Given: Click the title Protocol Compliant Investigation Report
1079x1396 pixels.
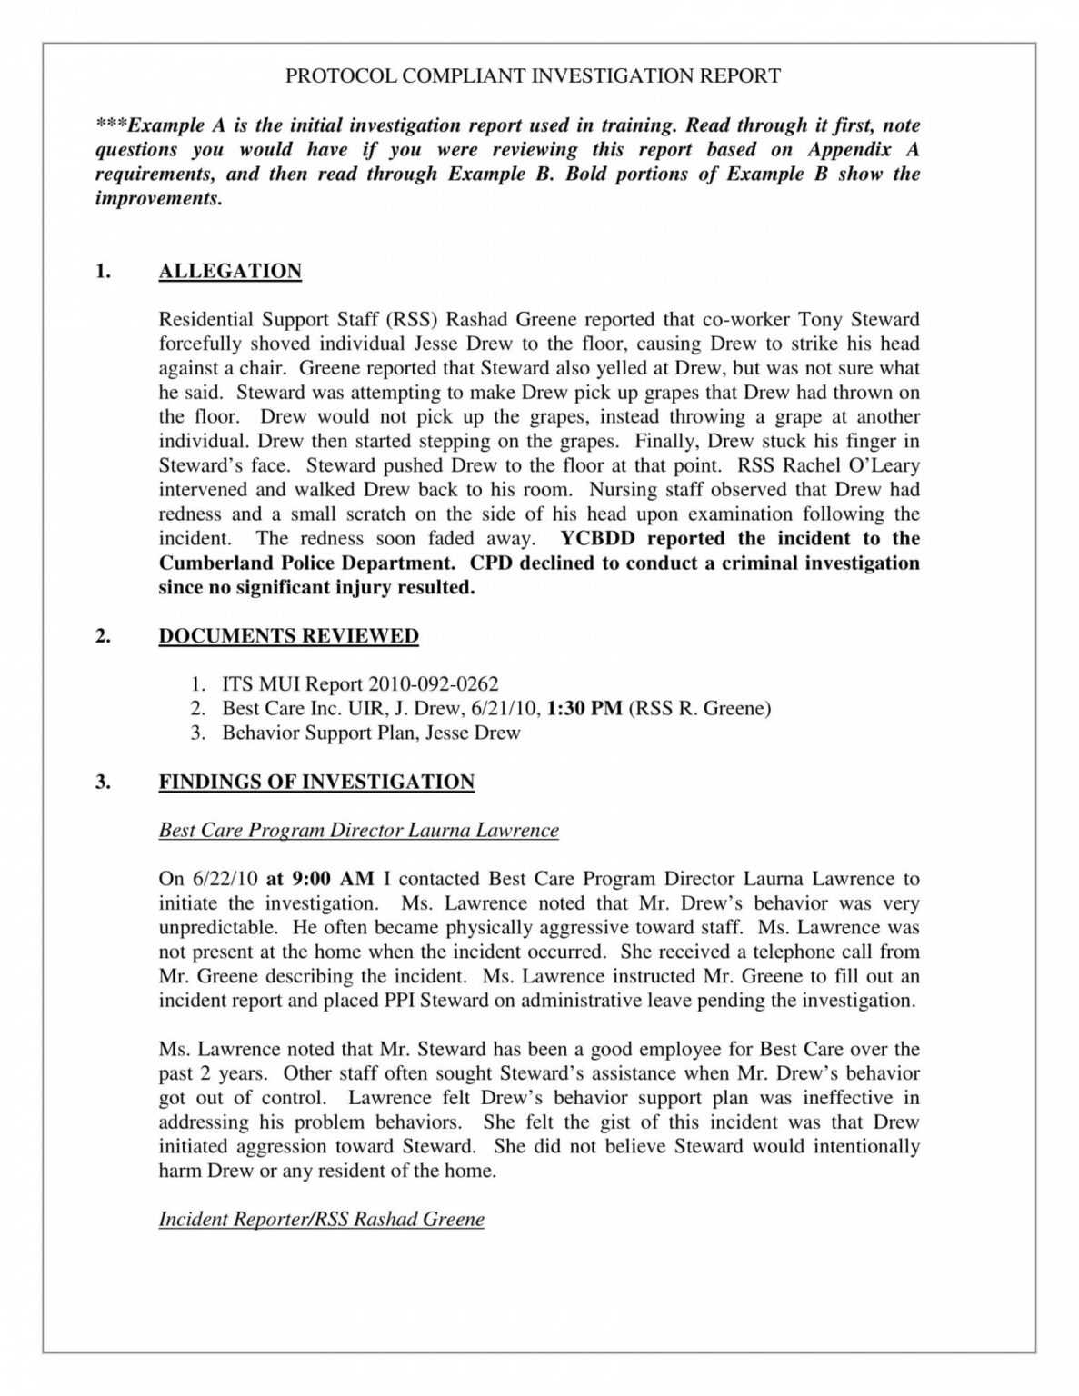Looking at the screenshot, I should click(533, 76).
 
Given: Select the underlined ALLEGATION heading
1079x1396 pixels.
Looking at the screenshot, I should click(230, 272).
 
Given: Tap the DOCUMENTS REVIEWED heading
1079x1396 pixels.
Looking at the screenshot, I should click(288, 636).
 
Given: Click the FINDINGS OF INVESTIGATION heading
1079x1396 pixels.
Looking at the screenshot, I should click(316, 783).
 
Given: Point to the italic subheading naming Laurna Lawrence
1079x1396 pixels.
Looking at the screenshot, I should click(358, 831).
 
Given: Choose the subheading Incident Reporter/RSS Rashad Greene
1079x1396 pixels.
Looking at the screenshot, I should click(321, 1220).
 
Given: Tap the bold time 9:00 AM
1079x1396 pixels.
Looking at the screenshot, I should click(319, 879).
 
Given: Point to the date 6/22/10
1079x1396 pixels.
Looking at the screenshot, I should click(225, 879).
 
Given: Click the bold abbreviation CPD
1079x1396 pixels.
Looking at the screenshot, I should click(492, 563).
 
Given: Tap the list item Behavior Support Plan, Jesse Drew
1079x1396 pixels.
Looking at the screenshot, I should click(371, 733).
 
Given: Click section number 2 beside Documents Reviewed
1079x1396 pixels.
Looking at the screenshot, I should click(103, 636).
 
